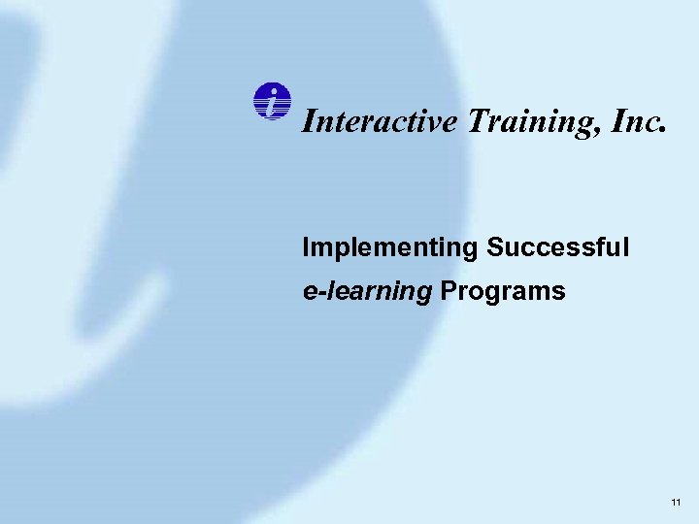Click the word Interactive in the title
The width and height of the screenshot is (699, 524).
(379, 120)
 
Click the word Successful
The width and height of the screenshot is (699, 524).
(558, 247)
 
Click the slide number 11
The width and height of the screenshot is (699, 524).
(676, 502)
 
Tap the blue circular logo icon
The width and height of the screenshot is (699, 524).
(273, 102)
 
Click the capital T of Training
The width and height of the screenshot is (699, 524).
(477, 120)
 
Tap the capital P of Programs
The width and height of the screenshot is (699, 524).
(448, 292)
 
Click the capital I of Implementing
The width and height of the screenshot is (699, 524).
(306, 247)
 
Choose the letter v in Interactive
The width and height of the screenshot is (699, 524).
(434, 123)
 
